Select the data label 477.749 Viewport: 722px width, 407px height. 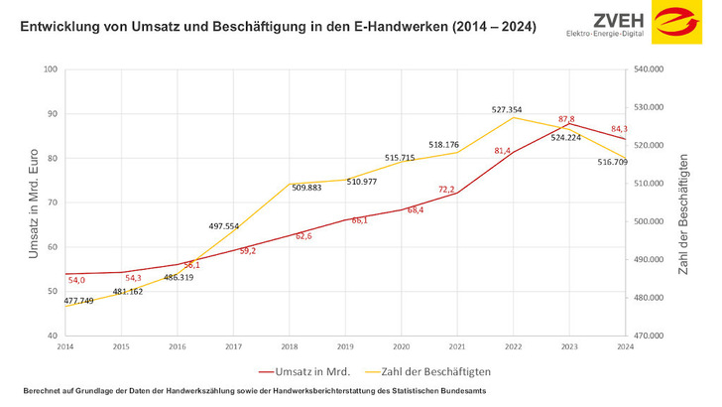click(x=79, y=300)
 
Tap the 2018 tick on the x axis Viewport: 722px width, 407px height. click(x=290, y=345)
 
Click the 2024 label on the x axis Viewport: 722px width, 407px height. click(x=625, y=345)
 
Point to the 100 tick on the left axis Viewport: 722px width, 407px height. click(x=51, y=69)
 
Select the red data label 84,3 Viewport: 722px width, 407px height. click(x=619, y=129)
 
